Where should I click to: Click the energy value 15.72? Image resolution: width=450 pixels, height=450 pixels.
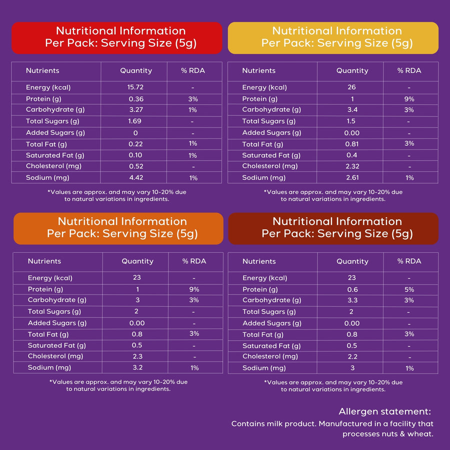(135, 87)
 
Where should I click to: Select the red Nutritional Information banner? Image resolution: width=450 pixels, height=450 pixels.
(117, 38)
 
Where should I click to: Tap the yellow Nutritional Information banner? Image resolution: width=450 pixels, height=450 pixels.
(333, 38)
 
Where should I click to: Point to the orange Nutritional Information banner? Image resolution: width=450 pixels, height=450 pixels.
(118, 228)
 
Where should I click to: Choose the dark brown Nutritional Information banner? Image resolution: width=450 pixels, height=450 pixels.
(333, 228)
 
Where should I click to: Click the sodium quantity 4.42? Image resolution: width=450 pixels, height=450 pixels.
(136, 177)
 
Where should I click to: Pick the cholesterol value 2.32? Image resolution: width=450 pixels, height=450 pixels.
(352, 166)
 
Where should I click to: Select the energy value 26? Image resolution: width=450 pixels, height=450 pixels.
(351, 87)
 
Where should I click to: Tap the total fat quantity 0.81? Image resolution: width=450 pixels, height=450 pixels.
(352, 144)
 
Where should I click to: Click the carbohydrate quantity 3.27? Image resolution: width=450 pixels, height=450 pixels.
(136, 109)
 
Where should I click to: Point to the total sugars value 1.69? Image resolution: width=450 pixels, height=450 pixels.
(134, 121)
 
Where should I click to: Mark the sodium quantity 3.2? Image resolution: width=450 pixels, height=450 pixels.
(137, 367)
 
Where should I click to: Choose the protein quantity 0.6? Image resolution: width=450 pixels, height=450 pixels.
(352, 289)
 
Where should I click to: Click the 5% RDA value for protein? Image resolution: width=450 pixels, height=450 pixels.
(409, 289)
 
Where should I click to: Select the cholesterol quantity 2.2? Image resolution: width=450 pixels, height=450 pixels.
(352, 356)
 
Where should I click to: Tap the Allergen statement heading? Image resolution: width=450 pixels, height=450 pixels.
(385, 411)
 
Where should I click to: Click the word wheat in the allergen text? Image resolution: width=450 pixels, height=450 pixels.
(420, 434)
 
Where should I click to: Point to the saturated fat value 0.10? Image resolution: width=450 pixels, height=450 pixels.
(135, 155)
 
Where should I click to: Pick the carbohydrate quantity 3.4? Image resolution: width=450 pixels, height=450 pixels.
(352, 109)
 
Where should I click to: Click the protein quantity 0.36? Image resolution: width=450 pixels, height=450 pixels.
(136, 99)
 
